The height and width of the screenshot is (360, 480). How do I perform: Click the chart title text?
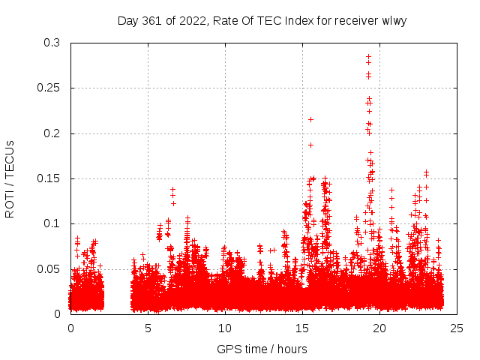coord(262,20)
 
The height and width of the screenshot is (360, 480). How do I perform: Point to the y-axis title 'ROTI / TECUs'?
coord(10,178)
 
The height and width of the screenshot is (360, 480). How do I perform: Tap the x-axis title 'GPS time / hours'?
coord(262,349)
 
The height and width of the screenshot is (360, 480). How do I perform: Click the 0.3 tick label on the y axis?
coord(51,43)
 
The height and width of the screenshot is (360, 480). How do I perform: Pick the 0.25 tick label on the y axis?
coord(48,88)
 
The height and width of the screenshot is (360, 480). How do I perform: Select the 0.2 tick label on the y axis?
coord(51,133)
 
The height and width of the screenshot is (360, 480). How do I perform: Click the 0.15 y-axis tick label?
coord(48,178)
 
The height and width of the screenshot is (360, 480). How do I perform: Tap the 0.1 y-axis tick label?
coord(51,223)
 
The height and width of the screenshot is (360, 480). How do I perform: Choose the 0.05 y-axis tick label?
coord(48,268)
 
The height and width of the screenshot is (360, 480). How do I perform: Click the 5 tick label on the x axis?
coord(148,328)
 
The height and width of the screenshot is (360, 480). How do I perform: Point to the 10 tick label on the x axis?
coord(225,328)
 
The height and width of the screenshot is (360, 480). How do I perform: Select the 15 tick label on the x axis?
coord(302,328)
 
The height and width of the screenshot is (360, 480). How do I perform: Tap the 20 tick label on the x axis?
coord(379,328)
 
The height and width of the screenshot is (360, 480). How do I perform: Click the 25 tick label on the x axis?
coord(457,328)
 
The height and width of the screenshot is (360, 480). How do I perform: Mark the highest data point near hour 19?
coord(368,56)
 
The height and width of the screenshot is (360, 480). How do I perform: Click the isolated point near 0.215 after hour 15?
coord(310,119)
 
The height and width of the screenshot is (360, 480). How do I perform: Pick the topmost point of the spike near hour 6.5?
coord(172,190)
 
